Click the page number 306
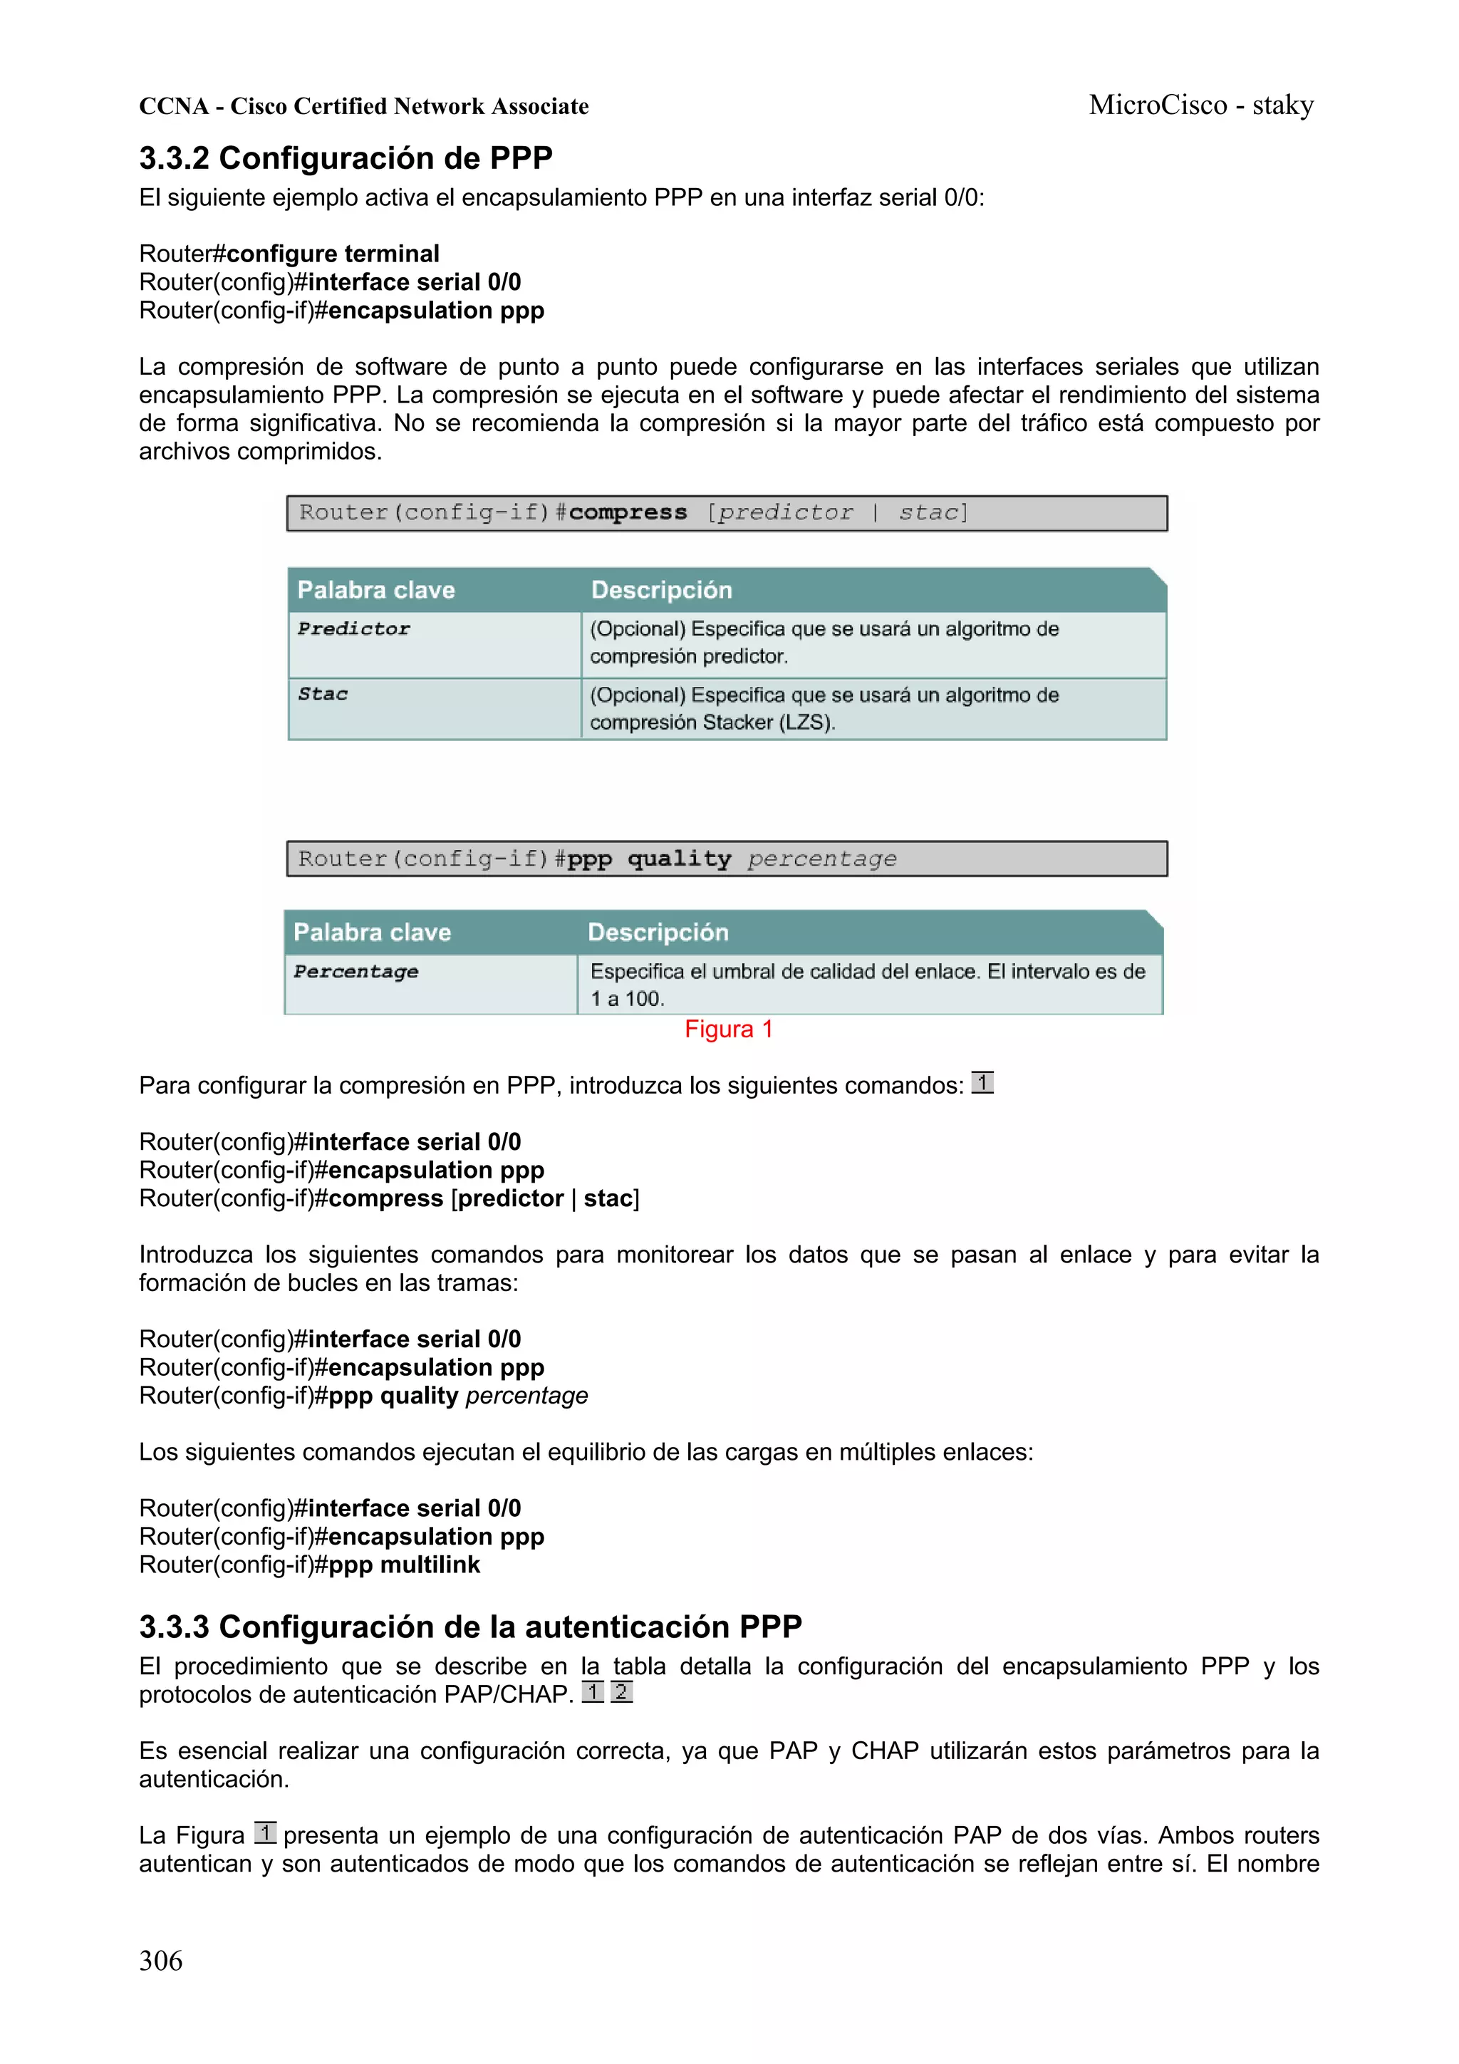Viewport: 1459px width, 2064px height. coord(160,1960)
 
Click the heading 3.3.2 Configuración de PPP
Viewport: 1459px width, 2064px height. coord(346,158)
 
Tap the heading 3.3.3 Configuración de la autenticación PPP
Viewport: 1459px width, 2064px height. coord(470,1627)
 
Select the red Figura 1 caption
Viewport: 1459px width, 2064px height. coord(728,1030)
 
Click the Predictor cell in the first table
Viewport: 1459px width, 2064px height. coord(354,629)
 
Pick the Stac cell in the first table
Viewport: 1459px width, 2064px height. coord(323,694)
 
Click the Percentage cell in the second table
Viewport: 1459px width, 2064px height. coord(356,972)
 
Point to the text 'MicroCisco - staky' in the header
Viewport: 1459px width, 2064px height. coord(1201,105)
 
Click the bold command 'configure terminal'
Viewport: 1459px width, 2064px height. coord(333,254)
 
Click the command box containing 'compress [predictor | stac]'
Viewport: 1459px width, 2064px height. coord(727,513)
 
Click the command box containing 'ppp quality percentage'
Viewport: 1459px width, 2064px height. coord(727,859)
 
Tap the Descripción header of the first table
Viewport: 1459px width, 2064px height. coord(662,591)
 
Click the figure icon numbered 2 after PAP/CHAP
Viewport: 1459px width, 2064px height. coord(621,1692)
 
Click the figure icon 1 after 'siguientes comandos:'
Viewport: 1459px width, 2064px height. coord(982,1082)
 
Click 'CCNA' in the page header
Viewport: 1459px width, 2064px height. coord(174,106)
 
